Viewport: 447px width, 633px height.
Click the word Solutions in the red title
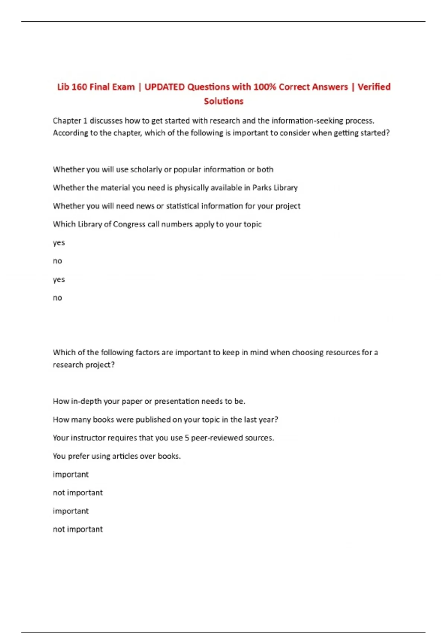tap(223, 101)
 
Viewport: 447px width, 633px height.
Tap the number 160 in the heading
tap(79, 87)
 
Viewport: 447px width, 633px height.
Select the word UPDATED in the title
tap(164, 87)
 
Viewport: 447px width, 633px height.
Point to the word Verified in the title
tap(374, 87)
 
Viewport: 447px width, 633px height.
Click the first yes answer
tap(59, 243)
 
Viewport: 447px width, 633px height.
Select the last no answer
tap(57, 298)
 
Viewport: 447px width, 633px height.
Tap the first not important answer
tap(77, 493)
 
